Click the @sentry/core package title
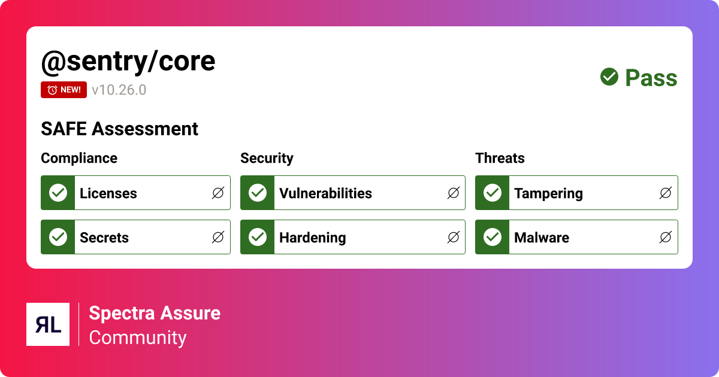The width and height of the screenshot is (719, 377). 128,61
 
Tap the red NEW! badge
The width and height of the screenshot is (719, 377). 64,90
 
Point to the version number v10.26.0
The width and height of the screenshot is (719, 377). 119,90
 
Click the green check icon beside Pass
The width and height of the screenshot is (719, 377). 609,77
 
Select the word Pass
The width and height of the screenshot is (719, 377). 651,78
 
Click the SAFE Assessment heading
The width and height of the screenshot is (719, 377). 119,129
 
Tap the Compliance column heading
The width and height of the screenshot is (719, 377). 79,158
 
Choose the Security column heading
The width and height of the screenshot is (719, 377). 267,158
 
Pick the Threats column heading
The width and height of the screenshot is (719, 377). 500,158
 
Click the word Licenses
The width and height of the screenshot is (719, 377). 108,193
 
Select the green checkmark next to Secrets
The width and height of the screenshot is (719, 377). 58,237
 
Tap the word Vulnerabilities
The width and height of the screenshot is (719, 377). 325,193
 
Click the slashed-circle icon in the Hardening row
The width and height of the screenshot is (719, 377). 454,237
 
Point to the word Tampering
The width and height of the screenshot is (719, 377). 548,193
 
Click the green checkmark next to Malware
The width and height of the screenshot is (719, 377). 493,237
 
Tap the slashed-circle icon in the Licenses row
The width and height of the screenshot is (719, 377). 218,193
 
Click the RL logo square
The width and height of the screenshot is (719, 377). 48,324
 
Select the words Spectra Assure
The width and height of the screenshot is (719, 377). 155,313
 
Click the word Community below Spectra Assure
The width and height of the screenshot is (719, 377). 138,338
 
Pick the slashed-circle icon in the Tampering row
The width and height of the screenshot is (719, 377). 666,193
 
